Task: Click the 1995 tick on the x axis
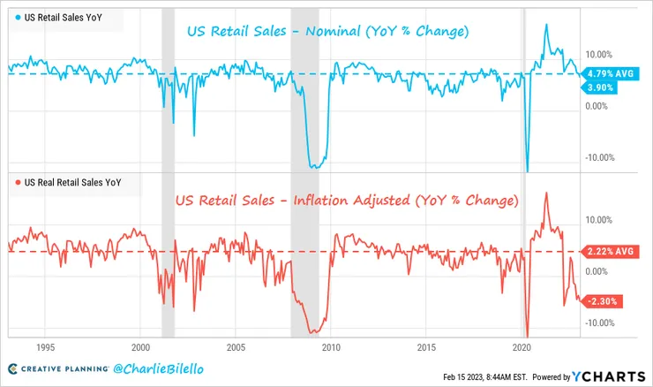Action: (x=46, y=347)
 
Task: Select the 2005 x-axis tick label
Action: (x=236, y=347)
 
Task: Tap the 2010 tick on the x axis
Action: (x=331, y=347)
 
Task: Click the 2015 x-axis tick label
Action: (x=426, y=347)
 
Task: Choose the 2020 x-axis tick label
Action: (x=522, y=347)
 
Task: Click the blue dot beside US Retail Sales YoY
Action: (x=18, y=17)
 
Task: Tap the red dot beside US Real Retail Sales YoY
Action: (x=18, y=184)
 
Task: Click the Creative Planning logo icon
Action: (x=13, y=368)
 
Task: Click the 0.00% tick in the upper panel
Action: (x=597, y=106)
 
